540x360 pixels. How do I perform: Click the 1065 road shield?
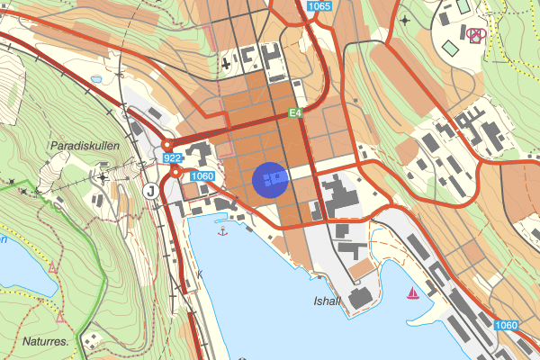[x=319, y=6]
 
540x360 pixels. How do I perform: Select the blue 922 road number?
[x=173, y=157]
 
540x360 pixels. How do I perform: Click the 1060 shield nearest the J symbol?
[x=202, y=175]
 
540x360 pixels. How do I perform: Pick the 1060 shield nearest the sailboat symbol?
[x=507, y=325]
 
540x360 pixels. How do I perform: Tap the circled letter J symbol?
[x=150, y=190]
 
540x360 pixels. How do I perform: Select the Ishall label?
[x=327, y=301]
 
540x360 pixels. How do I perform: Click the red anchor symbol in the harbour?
[x=223, y=231]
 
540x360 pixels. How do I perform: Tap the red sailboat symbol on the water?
[x=413, y=292]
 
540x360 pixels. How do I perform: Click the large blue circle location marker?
[x=270, y=179]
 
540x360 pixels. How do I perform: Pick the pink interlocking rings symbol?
[x=476, y=35]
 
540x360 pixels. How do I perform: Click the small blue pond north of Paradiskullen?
[x=95, y=79]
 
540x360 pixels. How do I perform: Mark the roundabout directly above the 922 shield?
[x=166, y=144]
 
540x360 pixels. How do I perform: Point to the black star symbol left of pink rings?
[x=404, y=20]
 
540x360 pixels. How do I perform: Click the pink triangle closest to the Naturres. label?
[x=60, y=317]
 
